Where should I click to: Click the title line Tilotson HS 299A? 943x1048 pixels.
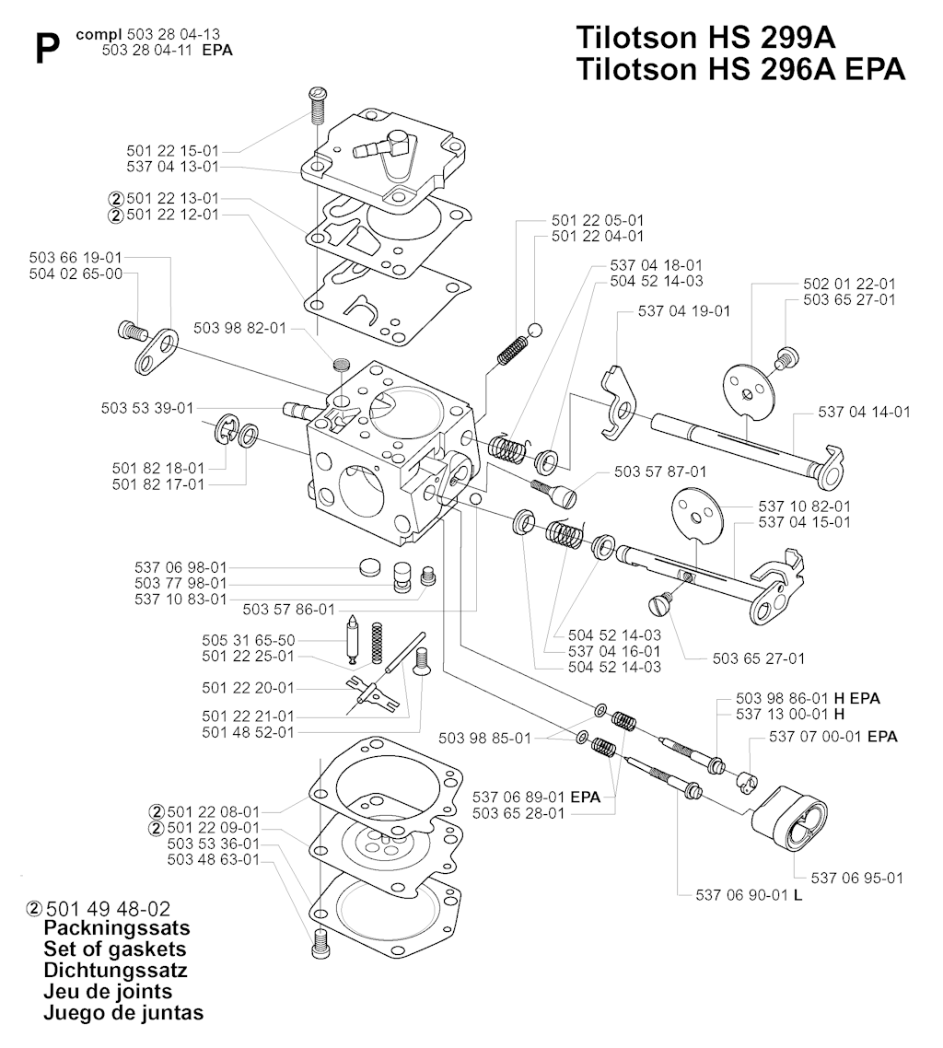pos(706,38)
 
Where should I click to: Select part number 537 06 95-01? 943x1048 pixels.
pos(856,878)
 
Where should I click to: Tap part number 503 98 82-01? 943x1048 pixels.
pos(240,328)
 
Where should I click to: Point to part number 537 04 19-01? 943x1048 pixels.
pos(684,311)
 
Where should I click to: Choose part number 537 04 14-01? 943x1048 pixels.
pos(864,412)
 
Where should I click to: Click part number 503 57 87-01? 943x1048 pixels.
pos(660,472)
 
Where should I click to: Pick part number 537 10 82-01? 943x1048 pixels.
pos(804,506)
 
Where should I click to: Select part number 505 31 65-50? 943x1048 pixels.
pos(249,640)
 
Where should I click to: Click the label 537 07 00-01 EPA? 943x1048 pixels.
pos(833,737)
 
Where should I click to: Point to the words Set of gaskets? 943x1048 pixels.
pos(115,949)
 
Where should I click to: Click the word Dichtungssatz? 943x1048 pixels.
pos(115,971)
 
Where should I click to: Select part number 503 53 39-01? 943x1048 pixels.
pos(147,408)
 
